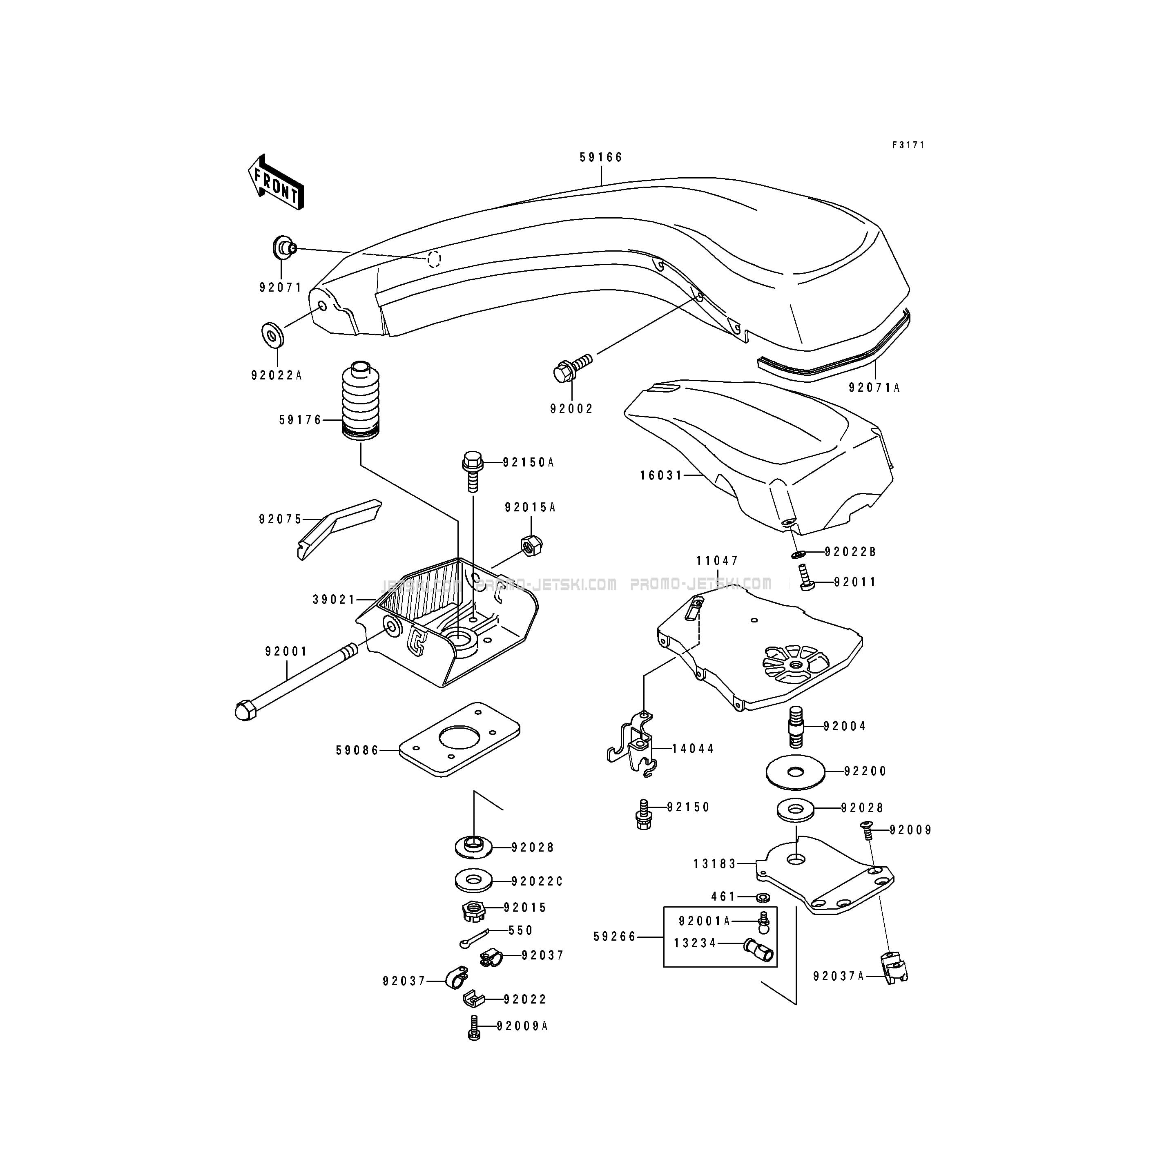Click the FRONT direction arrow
276,182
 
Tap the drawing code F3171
908,145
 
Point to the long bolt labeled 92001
296,683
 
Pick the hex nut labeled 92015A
531,546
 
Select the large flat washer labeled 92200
796,772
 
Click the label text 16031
661,476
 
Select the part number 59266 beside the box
615,937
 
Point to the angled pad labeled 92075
339,529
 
